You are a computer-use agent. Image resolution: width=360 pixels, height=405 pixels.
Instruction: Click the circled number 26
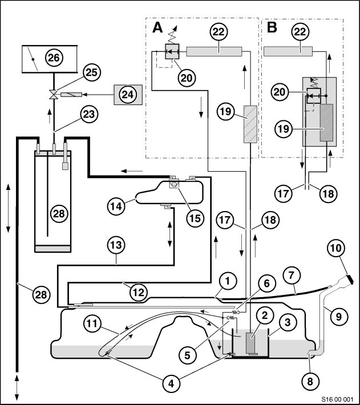pyautogui.click(x=54, y=58)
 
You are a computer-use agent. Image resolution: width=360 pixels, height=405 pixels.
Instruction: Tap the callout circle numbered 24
pyautogui.click(x=128, y=95)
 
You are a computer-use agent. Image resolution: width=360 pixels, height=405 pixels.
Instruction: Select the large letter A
pyautogui.click(x=157, y=27)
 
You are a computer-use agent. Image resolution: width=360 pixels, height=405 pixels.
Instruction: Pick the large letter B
pyautogui.click(x=272, y=27)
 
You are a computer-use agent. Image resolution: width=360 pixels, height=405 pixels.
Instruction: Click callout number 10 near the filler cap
pyautogui.click(x=336, y=248)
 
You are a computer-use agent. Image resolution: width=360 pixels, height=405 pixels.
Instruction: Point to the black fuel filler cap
pyautogui.click(x=350, y=280)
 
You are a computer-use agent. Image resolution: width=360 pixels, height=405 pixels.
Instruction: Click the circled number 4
pyautogui.click(x=171, y=384)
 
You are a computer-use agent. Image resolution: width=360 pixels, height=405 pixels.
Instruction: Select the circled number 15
pyautogui.click(x=195, y=218)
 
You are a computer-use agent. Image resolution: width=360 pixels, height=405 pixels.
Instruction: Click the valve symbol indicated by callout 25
pyautogui.click(x=54, y=95)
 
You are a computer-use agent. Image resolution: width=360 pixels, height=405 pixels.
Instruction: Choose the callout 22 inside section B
pyautogui.click(x=300, y=32)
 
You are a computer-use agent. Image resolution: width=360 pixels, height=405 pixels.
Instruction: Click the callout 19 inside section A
pyautogui.click(x=225, y=112)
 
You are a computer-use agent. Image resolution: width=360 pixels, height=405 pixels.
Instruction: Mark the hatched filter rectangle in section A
pyautogui.click(x=250, y=124)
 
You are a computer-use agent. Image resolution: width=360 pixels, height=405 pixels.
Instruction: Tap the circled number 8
pyautogui.click(x=310, y=382)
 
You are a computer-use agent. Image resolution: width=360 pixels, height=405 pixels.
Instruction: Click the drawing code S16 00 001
pyautogui.click(x=337, y=399)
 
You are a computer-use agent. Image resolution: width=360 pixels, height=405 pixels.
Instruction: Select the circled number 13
pyautogui.click(x=116, y=245)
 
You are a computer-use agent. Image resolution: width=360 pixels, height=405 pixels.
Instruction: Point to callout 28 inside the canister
pyautogui.click(x=59, y=214)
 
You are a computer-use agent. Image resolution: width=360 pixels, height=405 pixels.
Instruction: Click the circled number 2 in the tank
pyautogui.click(x=265, y=315)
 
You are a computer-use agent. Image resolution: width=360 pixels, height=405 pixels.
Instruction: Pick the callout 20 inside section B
pyautogui.click(x=280, y=92)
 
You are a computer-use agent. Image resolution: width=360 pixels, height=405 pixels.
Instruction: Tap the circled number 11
pyautogui.click(x=92, y=323)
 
